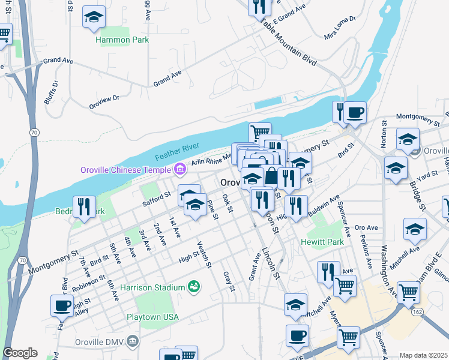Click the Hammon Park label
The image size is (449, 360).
[x=122, y=40]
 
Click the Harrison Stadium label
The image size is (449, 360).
[x=152, y=287]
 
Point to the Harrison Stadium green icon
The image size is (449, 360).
[x=193, y=286]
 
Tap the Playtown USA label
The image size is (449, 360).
[x=153, y=316]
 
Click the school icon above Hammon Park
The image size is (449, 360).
[x=94, y=17]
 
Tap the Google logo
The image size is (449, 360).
[x=20, y=353]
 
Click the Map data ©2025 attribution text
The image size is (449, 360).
[x=424, y=355]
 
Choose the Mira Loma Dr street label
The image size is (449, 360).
[x=340, y=28]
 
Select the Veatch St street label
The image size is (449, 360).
[x=204, y=254]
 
